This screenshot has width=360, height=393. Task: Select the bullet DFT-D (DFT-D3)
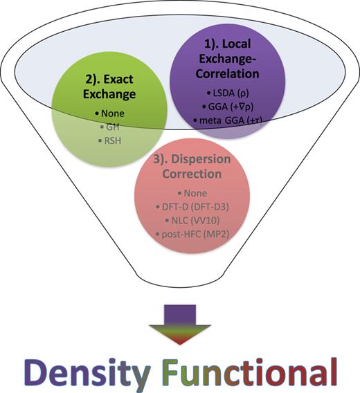click(x=193, y=205)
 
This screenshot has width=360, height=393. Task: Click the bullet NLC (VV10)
click(x=193, y=220)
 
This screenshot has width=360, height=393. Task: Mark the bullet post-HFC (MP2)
click(x=193, y=235)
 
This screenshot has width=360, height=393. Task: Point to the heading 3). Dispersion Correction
click(x=192, y=165)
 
